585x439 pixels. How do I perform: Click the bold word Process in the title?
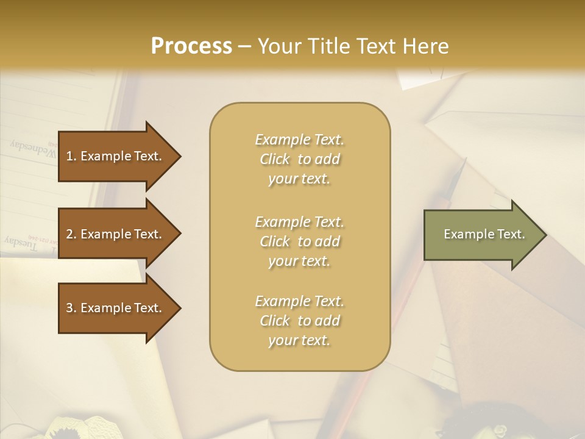tap(191, 46)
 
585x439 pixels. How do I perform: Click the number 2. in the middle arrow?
tap(71, 234)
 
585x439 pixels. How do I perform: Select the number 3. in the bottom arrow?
tap(71, 308)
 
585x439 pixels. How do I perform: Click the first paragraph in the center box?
tap(299, 159)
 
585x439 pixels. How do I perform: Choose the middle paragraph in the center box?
tap(299, 241)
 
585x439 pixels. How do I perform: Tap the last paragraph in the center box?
tap(299, 321)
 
